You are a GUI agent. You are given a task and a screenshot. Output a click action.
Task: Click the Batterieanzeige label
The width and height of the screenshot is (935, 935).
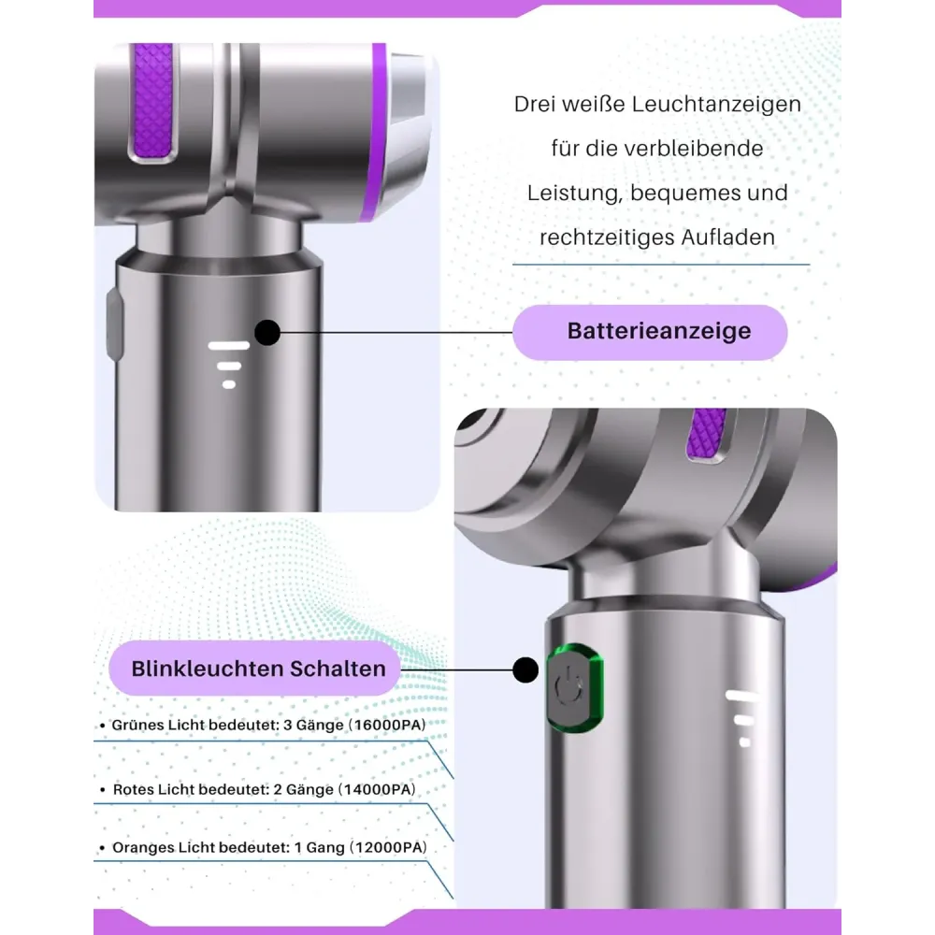coord(650,332)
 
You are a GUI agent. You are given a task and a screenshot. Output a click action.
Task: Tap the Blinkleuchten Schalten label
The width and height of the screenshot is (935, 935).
coord(254,669)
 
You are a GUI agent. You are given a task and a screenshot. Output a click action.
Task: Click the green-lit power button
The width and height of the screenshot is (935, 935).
coord(575,688)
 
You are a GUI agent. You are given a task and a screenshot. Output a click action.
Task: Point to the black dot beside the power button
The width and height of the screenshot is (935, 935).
coord(525,669)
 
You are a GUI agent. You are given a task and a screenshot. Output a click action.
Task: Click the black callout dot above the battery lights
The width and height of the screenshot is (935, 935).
coord(267,333)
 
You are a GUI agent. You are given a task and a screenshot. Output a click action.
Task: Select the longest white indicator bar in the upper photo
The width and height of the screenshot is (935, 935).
coord(228,346)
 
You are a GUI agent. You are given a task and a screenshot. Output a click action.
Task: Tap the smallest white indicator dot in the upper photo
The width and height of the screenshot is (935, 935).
coord(229,384)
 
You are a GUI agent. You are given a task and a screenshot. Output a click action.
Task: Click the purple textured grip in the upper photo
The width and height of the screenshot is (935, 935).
coord(152,100)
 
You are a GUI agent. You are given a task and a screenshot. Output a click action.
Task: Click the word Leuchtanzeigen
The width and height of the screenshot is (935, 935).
coord(716,105)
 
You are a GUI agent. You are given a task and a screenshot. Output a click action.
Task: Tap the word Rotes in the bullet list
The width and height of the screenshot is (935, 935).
coord(133,789)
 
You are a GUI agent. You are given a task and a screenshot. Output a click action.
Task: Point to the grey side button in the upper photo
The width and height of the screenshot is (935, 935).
coord(114,324)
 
